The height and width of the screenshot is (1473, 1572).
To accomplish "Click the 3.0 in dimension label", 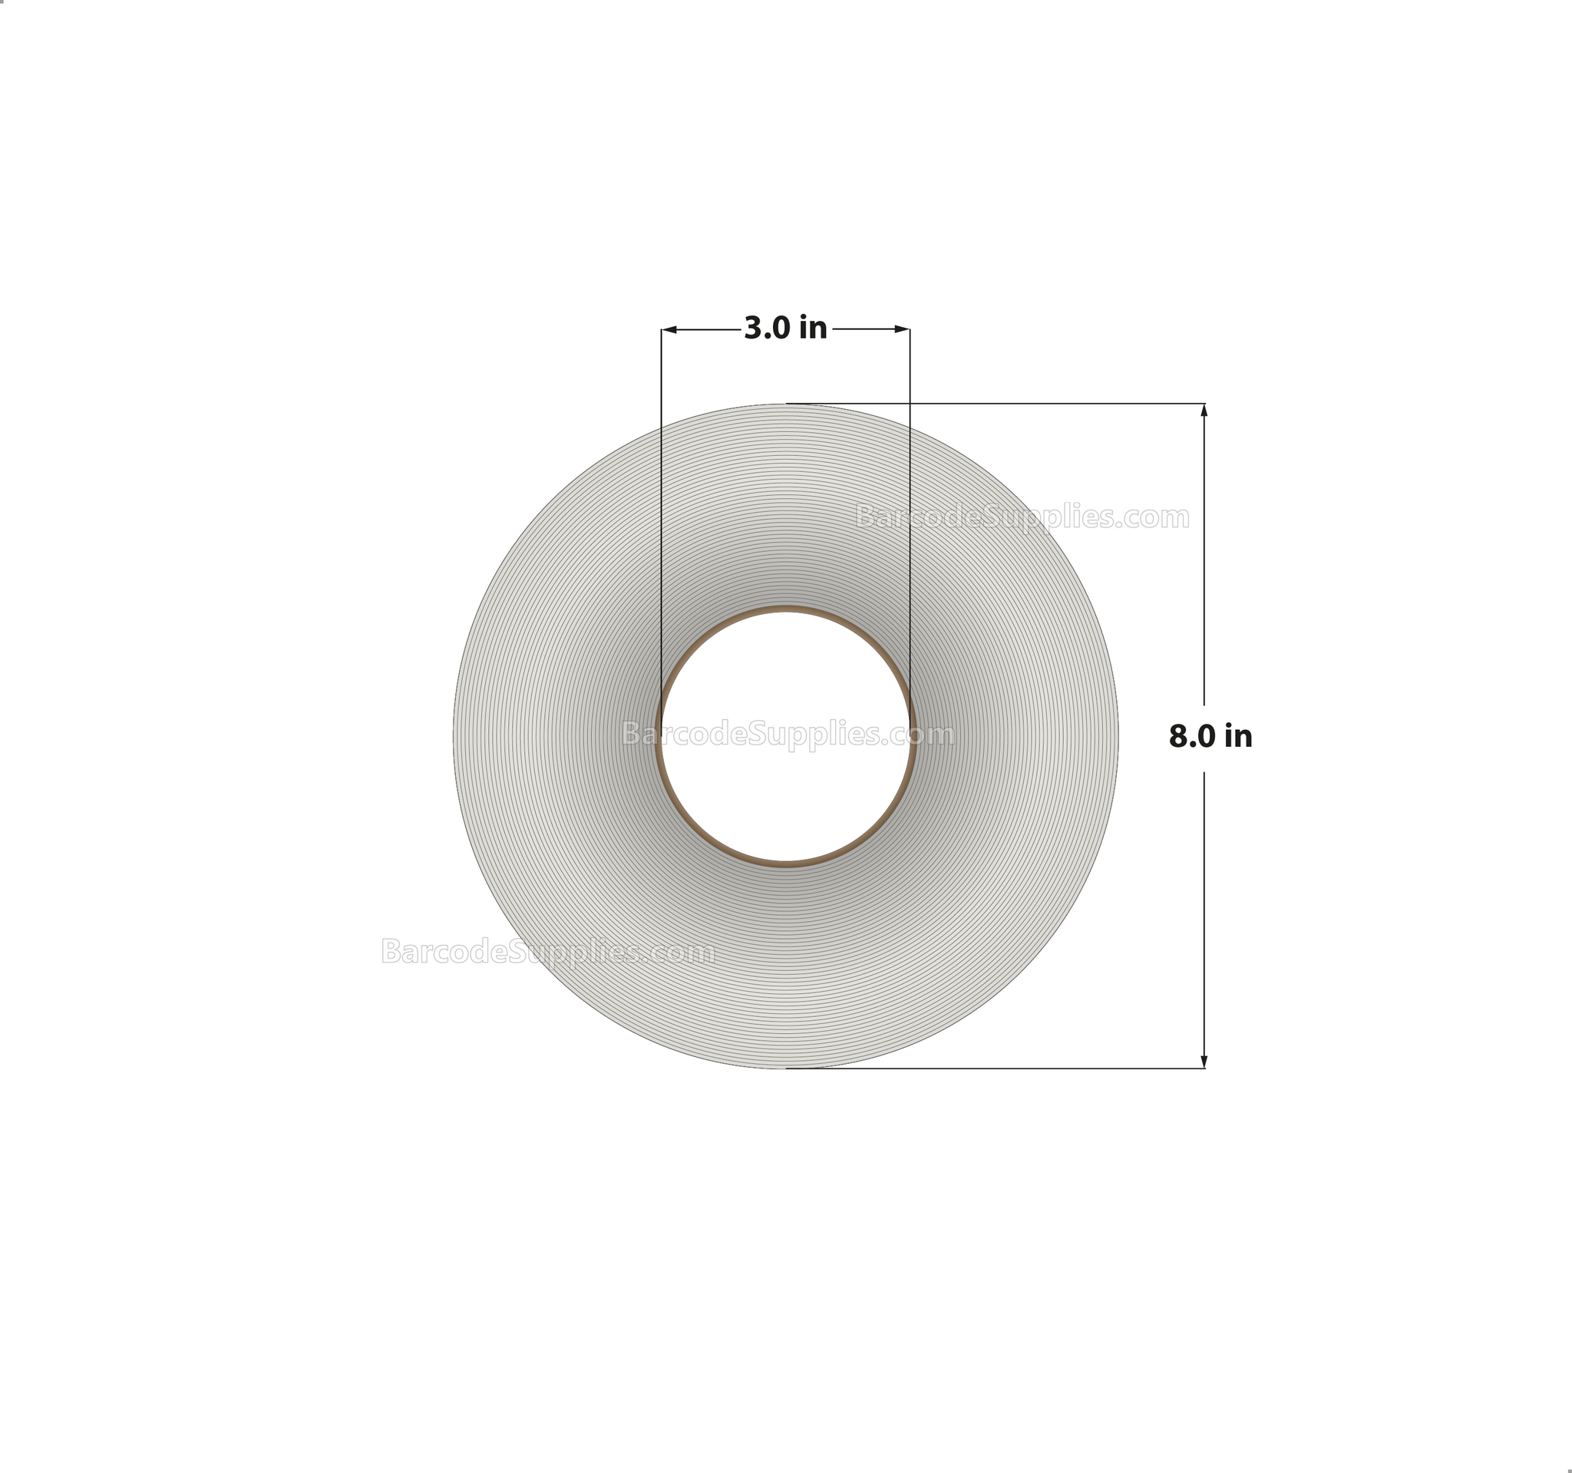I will tap(785, 328).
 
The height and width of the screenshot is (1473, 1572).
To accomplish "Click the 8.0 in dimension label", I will tap(1210, 737).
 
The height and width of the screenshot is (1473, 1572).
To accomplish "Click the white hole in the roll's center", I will tap(785, 783).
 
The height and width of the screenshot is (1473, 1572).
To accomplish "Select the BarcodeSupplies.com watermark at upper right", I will tap(1022, 517).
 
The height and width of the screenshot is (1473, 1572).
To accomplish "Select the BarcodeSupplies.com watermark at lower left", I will tap(548, 951).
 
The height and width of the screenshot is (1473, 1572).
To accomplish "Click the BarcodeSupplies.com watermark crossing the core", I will tap(788, 735).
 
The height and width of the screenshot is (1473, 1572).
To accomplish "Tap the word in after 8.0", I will tap(1239, 737).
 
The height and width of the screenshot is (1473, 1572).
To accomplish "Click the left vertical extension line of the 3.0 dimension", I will tap(662, 514).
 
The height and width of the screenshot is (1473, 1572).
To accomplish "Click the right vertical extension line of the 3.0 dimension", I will tap(910, 514).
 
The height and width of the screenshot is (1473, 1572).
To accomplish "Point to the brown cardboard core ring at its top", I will tap(785, 609).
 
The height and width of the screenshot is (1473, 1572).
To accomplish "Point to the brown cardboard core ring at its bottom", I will tap(785, 864).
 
